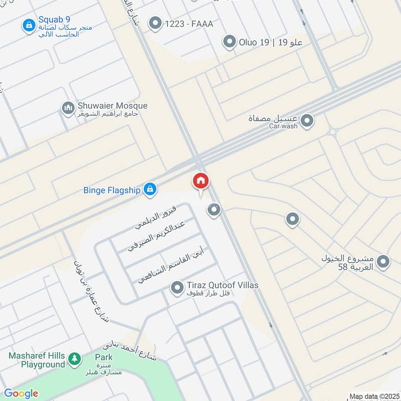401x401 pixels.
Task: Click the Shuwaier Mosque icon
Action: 68,108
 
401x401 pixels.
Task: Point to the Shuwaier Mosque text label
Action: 112,106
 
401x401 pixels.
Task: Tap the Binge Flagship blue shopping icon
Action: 149,189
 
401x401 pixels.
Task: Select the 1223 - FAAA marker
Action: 156,23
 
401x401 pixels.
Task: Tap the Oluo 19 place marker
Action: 230,42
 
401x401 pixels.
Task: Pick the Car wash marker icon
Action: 307,121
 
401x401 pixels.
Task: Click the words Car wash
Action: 283,126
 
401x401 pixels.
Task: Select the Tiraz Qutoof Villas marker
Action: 176,288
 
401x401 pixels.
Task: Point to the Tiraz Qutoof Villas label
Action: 223,285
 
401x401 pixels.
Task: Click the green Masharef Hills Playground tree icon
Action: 74,358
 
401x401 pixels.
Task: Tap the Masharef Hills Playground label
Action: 37,360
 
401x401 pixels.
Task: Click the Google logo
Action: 21,393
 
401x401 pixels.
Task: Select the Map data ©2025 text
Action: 373,396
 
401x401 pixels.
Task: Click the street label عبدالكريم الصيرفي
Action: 156,236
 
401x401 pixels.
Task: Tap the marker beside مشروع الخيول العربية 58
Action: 383,262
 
